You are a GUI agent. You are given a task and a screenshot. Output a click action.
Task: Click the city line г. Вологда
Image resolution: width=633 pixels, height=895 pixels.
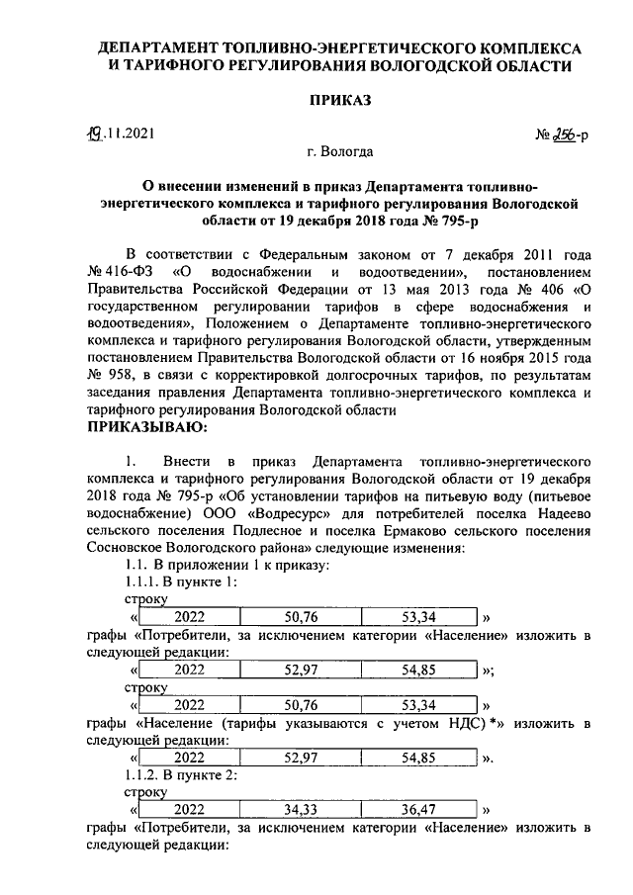click(340, 152)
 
